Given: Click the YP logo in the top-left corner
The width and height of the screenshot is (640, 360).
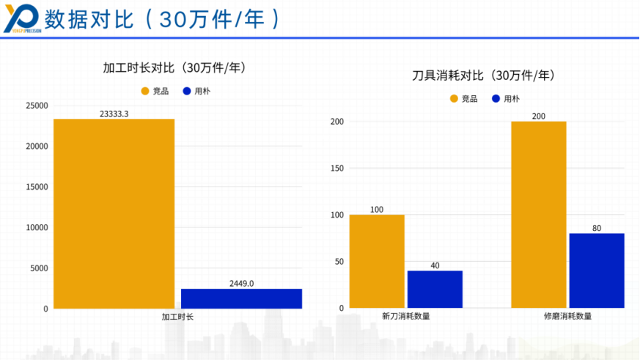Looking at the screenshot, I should [22, 18].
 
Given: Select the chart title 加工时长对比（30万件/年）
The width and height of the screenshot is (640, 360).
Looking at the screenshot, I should [174, 67].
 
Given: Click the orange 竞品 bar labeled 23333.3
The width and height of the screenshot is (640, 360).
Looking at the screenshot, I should [114, 213].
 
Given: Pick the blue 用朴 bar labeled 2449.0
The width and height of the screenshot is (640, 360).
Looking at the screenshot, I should [241, 298].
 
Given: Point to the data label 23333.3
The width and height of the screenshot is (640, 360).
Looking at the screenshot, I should [114, 114].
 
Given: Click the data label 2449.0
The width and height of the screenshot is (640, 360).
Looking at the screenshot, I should [241, 283].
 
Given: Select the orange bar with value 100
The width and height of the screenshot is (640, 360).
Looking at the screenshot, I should [377, 261].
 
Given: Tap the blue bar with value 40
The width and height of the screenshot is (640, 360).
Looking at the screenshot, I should [435, 290].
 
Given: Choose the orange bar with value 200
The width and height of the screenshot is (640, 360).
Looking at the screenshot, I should [539, 215].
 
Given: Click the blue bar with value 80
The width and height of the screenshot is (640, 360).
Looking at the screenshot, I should [597, 271].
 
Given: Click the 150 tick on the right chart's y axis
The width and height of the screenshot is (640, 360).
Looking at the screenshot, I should [336, 169].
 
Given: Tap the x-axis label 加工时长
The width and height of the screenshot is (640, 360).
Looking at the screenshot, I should [177, 317].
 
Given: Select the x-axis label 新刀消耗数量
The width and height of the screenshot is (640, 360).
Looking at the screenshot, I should [406, 317].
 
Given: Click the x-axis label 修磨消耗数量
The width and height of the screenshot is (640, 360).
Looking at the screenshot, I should [567, 317].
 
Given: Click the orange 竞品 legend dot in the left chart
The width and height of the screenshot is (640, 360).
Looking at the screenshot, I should [144, 91].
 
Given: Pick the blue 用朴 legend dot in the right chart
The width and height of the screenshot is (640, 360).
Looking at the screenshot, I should [496, 98].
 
